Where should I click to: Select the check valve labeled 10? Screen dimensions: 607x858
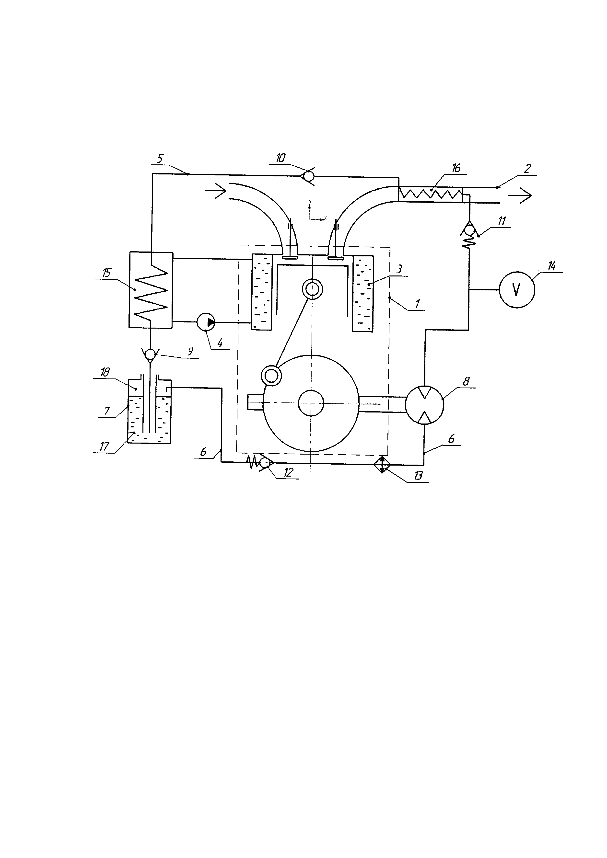(308, 175)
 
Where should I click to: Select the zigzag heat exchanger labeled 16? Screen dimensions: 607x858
(431, 194)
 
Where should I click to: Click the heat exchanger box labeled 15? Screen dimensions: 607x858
(151, 290)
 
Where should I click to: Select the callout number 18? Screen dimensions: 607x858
(105, 372)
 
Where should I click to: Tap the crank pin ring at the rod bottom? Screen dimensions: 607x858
(271, 375)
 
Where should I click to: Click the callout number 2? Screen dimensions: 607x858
(527, 169)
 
